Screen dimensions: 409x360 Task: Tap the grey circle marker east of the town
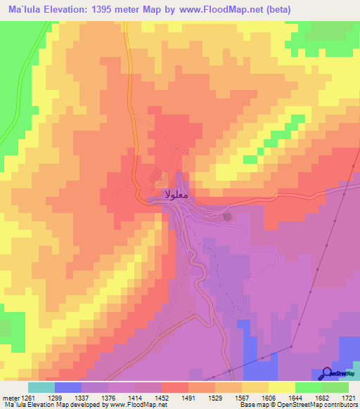(227, 216)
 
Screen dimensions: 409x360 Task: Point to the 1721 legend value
(349, 397)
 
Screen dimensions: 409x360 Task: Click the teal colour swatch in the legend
(41, 387)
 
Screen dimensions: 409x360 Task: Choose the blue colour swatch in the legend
(68, 387)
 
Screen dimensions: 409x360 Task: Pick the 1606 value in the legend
(282, 397)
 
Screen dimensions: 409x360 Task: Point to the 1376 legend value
(122, 397)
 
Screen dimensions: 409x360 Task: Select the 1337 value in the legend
(95, 397)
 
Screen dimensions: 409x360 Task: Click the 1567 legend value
(255, 397)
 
